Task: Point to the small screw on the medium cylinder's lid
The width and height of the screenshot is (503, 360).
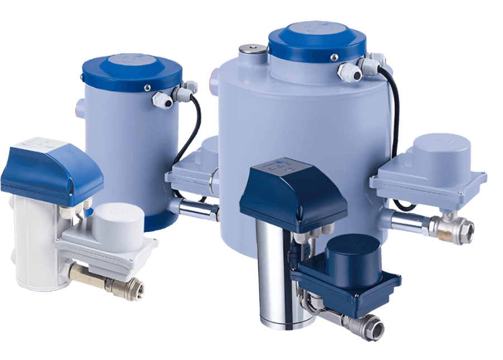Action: click(x=146, y=87)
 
